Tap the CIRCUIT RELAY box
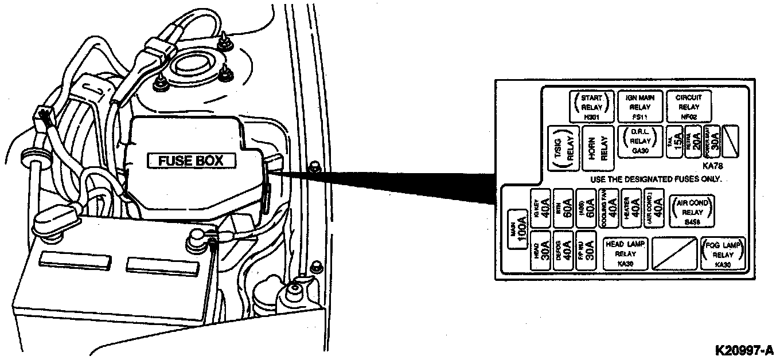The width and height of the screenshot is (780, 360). [688, 107]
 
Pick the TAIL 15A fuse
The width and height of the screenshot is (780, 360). [675, 140]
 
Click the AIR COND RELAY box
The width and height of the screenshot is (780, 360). [692, 211]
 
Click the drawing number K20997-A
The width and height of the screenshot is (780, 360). [744, 349]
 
